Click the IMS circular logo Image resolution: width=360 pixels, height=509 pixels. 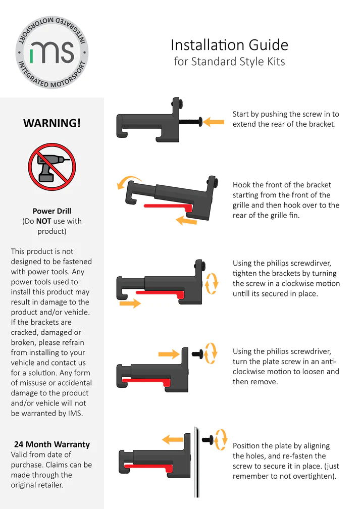pyautogui.click(x=52, y=52)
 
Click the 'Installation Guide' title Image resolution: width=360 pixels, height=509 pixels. pyautogui.click(x=230, y=45)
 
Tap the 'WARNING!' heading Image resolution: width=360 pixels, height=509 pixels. pyautogui.click(x=52, y=123)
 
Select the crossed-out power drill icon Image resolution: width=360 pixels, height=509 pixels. pyautogui.click(x=52, y=167)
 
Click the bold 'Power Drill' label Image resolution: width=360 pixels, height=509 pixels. pyautogui.click(x=52, y=211)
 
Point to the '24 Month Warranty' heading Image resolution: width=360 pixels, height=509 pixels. pyautogui.click(x=52, y=444)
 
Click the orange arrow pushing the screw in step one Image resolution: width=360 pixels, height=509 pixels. pyautogui.click(x=214, y=122)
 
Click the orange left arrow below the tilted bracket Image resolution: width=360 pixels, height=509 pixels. pyautogui.click(x=186, y=221)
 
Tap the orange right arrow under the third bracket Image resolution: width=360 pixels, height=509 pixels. pyautogui.click(x=130, y=303)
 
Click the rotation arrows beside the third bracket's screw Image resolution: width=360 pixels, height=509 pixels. pyautogui.click(x=212, y=283)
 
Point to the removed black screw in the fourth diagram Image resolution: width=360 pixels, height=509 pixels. pyautogui.click(x=198, y=353)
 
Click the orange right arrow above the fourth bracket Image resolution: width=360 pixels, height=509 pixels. pyautogui.click(x=169, y=354)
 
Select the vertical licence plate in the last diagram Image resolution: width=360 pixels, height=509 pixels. pyautogui.click(x=196, y=462)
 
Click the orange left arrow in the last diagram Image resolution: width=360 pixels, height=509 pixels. pyautogui.click(x=173, y=440)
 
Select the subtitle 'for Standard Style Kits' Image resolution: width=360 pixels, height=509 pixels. pyautogui.click(x=230, y=62)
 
